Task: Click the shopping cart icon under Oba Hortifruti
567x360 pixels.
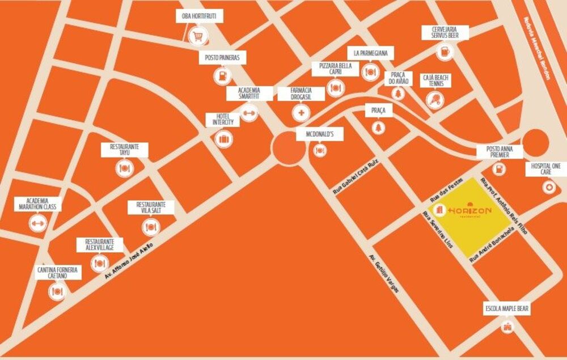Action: pyautogui.click(x=198, y=37)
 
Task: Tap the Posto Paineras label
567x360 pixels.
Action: pyautogui.click(x=222, y=58)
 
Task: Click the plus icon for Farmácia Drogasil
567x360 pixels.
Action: pyautogui.click(x=301, y=112)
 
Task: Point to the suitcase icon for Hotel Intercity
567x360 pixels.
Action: pyautogui.click(x=223, y=138)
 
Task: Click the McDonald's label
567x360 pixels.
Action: pyautogui.click(x=320, y=135)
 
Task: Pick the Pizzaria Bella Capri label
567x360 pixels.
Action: pyautogui.click(x=336, y=69)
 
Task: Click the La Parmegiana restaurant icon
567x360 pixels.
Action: pyautogui.click(x=370, y=71)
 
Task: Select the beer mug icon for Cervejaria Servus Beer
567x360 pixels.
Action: pyautogui.click(x=445, y=52)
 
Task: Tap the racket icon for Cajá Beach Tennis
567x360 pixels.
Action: pyautogui.click(x=435, y=100)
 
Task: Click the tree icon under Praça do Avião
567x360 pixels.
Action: pyautogui.click(x=400, y=94)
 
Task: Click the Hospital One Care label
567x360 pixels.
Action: pyautogui.click(x=547, y=169)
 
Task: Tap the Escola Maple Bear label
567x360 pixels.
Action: pyautogui.click(x=507, y=308)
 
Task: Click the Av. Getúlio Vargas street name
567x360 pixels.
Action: pyautogui.click(x=384, y=272)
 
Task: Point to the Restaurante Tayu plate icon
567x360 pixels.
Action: pyautogui.click(x=124, y=168)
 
